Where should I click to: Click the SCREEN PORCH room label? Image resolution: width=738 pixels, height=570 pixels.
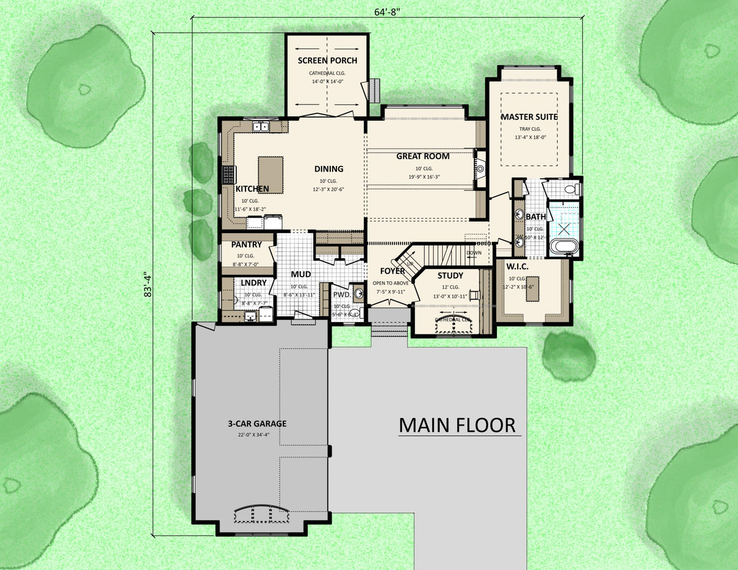coord(327,60)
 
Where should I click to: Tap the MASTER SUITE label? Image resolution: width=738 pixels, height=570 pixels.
coord(529,117)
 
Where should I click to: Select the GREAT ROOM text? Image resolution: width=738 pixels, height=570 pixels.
coord(423,156)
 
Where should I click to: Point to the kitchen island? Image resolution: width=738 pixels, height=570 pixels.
coord(271,175)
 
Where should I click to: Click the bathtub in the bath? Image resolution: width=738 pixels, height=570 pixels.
coord(563,247)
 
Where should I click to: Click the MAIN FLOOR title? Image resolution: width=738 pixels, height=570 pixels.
coord(457,425)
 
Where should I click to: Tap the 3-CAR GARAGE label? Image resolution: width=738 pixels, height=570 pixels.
coord(258,424)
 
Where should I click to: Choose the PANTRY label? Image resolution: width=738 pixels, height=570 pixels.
coord(247,245)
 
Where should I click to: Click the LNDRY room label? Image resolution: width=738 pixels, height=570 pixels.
coord(253,283)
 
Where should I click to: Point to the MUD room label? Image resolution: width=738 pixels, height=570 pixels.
coord(300,274)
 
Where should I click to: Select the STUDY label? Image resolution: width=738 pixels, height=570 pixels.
coord(450,275)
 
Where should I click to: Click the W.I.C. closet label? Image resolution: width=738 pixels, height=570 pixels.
coord(522,267)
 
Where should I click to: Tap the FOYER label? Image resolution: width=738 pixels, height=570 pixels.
coord(392,271)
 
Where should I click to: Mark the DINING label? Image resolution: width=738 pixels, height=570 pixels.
coord(328,169)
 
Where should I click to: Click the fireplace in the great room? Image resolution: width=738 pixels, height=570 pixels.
coord(480,168)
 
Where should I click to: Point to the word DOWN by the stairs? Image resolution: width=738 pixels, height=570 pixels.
coord(474,253)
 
